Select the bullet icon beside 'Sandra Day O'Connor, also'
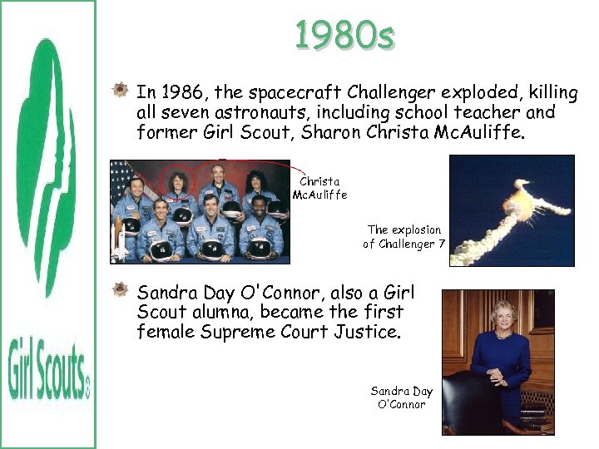(x=121, y=291)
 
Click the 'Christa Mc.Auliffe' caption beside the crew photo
(x=320, y=188)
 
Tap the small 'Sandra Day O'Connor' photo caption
(x=402, y=397)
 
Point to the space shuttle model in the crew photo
(x=122, y=236)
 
